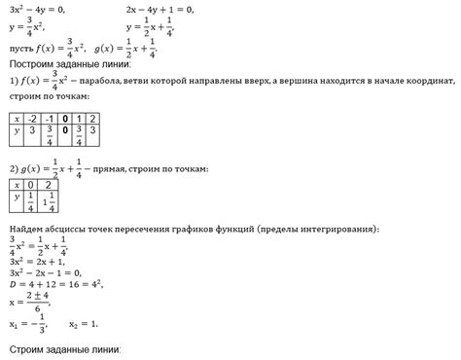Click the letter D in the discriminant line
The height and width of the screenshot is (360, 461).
pyautogui.click(x=12, y=286)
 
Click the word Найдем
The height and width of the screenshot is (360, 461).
pyautogui.click(x=26, y=229)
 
